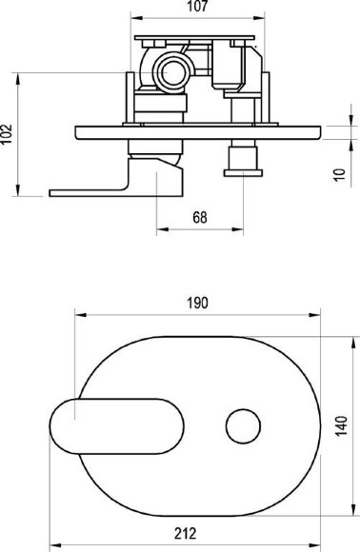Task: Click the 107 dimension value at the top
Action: click(x=197, y=6)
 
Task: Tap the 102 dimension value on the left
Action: click(x=7, y=133)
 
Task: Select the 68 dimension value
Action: click(x=200, y=218)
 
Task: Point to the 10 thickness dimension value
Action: click(x=340, y=174)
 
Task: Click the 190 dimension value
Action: click(x=197, y=303)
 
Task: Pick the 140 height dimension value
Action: click(x=341, y=426)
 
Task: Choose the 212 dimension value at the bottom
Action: click(x=186, y=534)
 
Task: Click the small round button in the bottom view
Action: click(x=243, y=426)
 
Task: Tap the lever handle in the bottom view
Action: click(x=116, y=426)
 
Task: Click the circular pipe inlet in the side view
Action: click(x=172, y=72)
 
